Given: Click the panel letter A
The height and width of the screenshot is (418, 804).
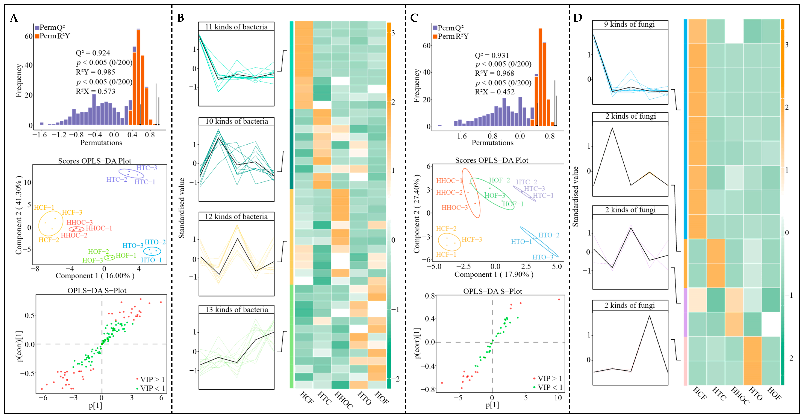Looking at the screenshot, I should tap(14, 18).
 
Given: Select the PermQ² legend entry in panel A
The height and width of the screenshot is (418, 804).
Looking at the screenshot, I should tap(50, 27).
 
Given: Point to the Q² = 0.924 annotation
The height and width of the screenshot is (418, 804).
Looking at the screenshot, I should tap(93, 53).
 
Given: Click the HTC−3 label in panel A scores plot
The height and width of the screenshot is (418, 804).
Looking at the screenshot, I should tap(147, 168).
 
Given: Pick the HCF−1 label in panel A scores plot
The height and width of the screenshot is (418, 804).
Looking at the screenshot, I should tap(44, 208).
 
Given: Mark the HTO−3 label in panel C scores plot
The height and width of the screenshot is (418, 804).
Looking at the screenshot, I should tap(542, 257).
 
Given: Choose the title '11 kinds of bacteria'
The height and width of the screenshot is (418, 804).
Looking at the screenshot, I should tap(236, 27).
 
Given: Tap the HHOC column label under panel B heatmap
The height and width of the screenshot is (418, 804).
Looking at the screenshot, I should tap(343, 400).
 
